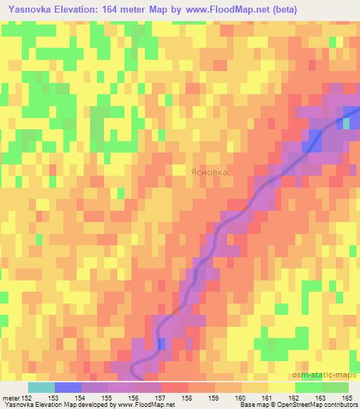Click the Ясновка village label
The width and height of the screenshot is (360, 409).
click(210, 171)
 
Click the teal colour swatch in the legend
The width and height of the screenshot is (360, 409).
click(41, 387)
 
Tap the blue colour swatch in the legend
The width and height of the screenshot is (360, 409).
click(67, 387)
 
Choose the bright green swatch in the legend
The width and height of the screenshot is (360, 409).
click(308, 387)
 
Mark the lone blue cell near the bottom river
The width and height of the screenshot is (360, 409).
click(162, 344)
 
